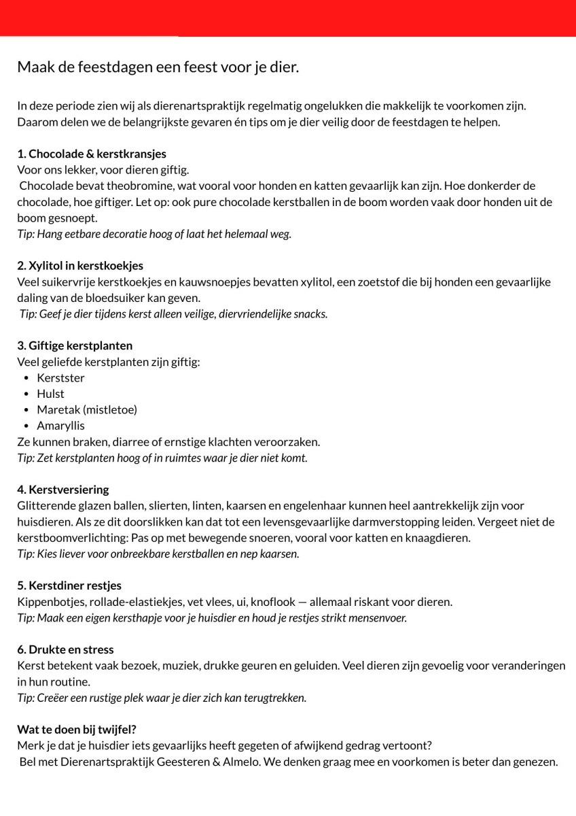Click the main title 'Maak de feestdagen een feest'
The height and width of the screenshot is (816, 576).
click(x=158, y=68)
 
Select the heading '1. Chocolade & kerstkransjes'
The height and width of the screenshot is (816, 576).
click(x=92, y=154)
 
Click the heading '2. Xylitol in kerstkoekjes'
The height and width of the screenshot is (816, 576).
click(x=80, y=265)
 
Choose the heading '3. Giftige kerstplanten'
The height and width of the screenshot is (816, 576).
click(x=75, y=345)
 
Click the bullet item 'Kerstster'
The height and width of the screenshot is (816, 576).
click(x=60, y=378)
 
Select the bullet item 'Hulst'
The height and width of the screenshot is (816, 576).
click(x=50, y=394)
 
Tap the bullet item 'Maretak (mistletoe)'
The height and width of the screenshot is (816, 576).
click(x=87, y=410)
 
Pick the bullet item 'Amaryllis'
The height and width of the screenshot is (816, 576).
click(x=60, y=426)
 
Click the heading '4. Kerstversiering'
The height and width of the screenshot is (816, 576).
click(x=63, y=490)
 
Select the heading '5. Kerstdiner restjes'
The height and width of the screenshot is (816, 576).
click(x=69, y=585)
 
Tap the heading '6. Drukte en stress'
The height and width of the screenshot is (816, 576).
click(x=65, y=649)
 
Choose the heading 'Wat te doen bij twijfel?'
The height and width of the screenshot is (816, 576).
click(x=77, y=730)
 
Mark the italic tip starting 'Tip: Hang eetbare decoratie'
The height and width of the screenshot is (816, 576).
click(x=154, y=234)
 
